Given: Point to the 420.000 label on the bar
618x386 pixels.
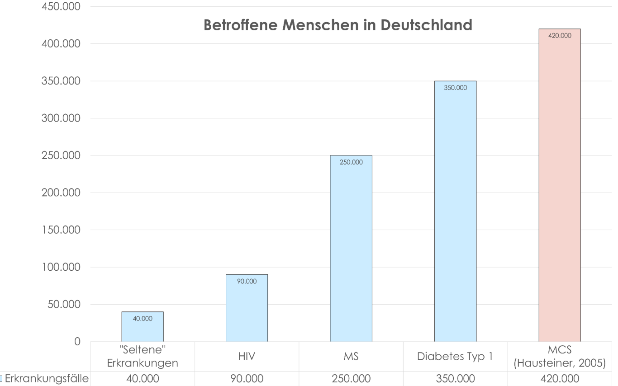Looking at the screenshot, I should [559, 35].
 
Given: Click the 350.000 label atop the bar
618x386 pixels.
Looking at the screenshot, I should [455, 88].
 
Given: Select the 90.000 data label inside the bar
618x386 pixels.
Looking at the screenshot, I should [247, 281].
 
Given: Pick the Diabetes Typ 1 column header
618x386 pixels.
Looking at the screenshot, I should [455, 357].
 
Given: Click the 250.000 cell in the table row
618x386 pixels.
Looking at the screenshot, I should [351, 379].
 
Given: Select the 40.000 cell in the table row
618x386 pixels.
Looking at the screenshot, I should [143, 379].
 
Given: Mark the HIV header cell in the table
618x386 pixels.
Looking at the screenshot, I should [247, 357].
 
